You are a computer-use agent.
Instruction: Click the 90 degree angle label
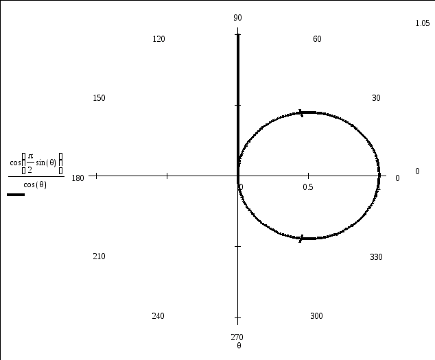(x=238, y=18)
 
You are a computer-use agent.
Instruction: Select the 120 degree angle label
(x=158, y=39)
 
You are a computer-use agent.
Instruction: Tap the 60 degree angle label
(x=317, y=39)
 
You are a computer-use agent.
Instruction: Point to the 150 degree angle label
(x=99, y=98)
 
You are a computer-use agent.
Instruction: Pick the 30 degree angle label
(x=376, y=98)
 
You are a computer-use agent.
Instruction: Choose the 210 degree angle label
(x=99, y=256)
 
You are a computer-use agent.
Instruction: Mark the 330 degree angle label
(x=376, y=257)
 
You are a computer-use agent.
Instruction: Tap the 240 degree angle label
(x=158, y=316)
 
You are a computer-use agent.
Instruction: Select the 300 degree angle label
(x=316, y=316)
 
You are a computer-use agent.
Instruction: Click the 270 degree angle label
(x=238, y=337)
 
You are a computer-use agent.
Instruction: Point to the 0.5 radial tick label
(x=308, y=187)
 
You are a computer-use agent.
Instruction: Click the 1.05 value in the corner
(x=422, y=23)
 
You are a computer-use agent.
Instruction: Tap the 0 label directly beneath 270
(x=238, y=346)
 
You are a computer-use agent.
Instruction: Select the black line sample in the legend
(x=15, y=195)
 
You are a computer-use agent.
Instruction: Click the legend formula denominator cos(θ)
(x=35, y=184)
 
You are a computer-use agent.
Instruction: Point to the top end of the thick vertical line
(x=238, y=33)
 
